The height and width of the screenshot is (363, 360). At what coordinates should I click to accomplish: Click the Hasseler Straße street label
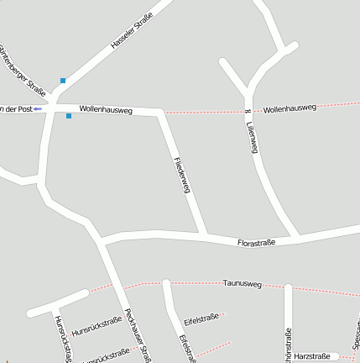132,31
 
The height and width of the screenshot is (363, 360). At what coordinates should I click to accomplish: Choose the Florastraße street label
257,242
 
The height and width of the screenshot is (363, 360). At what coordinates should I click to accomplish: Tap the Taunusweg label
243,284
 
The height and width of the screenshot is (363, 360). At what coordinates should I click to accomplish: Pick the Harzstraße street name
311,356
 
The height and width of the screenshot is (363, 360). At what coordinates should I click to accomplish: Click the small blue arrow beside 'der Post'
38,109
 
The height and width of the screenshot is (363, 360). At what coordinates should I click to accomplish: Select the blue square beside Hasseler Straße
62,81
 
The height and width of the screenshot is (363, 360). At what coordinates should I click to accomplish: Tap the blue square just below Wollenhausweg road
69,117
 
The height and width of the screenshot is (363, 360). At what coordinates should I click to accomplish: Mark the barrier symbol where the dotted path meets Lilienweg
247,111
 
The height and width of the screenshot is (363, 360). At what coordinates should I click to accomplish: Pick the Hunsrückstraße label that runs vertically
62,341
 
